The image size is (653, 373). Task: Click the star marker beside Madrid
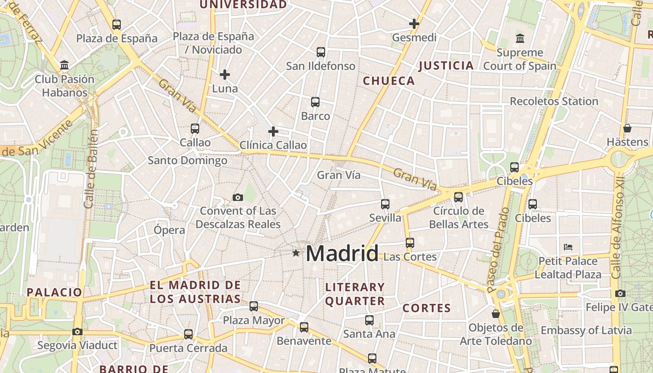(x=296, y=253)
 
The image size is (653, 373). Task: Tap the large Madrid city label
(x=342, y=253)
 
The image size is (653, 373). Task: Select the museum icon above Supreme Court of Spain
(x=520, y=38)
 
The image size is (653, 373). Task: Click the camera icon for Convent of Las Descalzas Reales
(x=238, y=198)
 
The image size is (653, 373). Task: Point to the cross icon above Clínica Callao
(x=273, y=131)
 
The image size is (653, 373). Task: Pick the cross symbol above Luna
(x=225, y=74)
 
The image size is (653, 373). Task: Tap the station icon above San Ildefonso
(x=321, y=52)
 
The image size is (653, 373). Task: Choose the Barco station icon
(x=315, y=102)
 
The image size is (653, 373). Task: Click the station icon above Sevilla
(x=385, y=204)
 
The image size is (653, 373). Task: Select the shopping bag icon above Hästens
(x=627, y=128)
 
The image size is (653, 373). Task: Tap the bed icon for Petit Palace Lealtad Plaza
(x=568, y=247)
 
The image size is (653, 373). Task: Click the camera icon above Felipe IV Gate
(x=620, y=293)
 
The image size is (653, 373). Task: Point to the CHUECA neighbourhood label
(x=389, y=81)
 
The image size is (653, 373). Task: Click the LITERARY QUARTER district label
(x=355, y=294)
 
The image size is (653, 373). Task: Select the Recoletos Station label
(x=554, y=101)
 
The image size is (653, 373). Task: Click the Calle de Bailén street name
(x=92, y=169)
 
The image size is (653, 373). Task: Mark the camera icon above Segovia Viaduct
(x=77, y=332)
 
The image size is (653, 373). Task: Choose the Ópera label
(x=169, y=230)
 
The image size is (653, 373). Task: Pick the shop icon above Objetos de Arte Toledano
(x=496, y=314)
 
